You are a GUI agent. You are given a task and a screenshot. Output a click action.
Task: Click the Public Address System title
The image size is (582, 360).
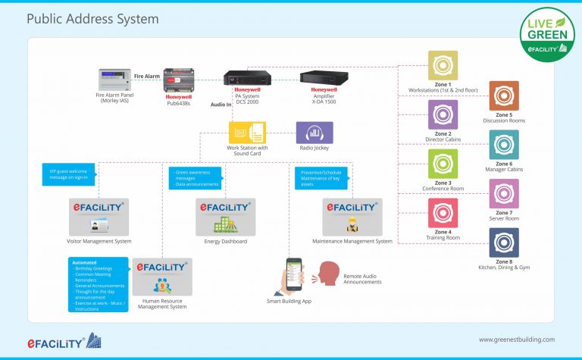point(92,18)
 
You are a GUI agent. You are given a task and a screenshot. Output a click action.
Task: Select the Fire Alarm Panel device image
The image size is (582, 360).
point(114,79)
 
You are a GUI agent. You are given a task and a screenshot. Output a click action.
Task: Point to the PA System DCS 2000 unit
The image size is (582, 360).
point(247,77)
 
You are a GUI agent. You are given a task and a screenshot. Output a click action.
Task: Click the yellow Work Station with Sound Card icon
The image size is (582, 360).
point(246,133)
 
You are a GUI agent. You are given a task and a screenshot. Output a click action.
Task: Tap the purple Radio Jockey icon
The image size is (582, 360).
point(314,133)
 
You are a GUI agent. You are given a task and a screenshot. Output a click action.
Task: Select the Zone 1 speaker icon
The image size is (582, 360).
point(443,65)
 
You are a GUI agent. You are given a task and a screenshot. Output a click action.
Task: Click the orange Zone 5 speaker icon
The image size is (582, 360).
point(504,95)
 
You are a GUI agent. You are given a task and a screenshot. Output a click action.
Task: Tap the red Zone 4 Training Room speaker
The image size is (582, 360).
point(443,213)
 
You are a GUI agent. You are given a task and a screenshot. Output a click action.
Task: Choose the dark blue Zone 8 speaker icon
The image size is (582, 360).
point(504,243)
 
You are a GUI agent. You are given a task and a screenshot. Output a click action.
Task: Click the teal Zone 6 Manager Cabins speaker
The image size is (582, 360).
point(504,145)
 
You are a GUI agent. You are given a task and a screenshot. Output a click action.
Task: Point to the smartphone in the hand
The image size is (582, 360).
point(293,274)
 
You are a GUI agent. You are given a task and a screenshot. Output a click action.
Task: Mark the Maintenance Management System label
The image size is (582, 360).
point(352,241)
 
